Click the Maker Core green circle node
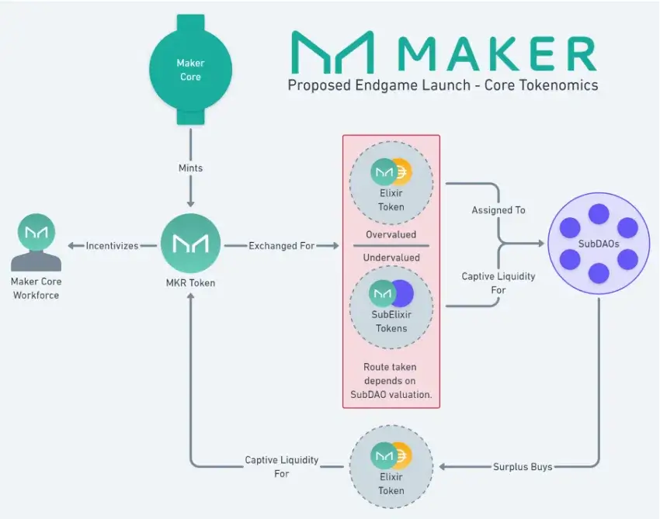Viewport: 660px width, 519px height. click(x=190, y=70)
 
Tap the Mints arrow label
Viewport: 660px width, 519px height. click(x=190, y=168)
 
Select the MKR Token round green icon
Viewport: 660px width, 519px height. click(x=190, y=244)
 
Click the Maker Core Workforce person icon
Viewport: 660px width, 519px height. click(x=36, y=241)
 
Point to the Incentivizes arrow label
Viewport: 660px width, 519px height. click(x=113, y=246)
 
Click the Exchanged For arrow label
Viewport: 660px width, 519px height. click(x=282, y=246)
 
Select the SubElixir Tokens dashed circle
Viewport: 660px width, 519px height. click(x=391, y=304)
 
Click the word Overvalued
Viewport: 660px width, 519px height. click(x=391, y=234)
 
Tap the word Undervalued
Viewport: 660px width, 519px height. click(x=391, y=258)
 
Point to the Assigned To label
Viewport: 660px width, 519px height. click(x=498, y=210)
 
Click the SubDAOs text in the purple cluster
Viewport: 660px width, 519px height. click(x=598, y=244)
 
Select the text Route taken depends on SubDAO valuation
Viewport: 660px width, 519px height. click(x=391, y=380)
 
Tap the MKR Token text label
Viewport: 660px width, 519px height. click(x=190, y=283)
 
